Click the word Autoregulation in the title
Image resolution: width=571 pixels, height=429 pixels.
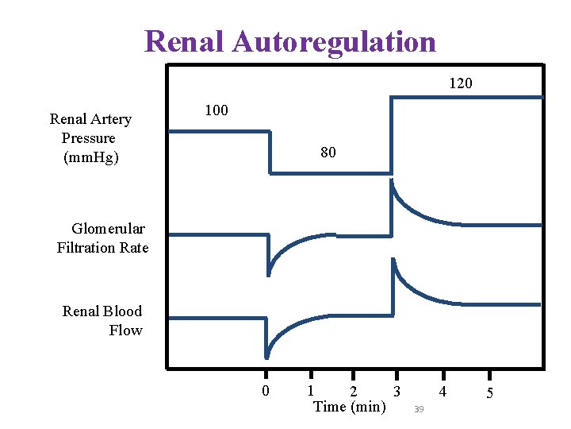(334, 41)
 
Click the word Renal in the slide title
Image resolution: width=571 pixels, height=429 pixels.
(185, 41)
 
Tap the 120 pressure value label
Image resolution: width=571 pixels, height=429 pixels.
(461, 83)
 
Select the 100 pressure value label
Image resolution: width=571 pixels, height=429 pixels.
(217, 110)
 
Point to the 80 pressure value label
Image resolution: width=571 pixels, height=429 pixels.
(328, 152)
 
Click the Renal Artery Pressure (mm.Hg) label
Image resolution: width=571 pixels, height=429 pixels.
(90, 138)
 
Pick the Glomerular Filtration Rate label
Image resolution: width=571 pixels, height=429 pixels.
(103, 238)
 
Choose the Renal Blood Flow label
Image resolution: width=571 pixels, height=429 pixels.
(102, 320)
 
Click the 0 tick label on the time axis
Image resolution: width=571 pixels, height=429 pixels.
(266, 391)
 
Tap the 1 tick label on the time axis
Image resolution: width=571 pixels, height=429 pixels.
(311, 390)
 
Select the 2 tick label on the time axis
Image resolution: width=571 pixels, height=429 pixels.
(354, 392)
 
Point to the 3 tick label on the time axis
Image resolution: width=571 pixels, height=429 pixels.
(396, 390)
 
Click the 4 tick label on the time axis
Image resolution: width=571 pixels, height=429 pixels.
(443, 391)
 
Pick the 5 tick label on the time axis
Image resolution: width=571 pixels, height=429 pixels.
(489, 393)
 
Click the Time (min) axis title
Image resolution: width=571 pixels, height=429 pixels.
(350, 407)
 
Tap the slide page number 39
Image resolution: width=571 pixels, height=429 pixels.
(419, 408)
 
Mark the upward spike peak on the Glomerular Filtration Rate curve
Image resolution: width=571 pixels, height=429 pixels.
(393, 182)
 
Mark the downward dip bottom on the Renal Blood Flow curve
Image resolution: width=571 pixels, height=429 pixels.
(267, 357)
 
